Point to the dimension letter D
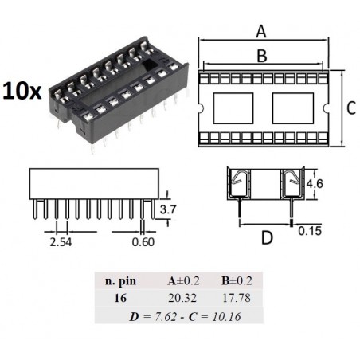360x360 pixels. click(267, 237)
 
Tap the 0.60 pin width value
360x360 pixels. click(144, 241)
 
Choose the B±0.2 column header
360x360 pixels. click(235, 281)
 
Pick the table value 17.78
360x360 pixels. click(235, 299)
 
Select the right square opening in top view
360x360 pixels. click(293, 108)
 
